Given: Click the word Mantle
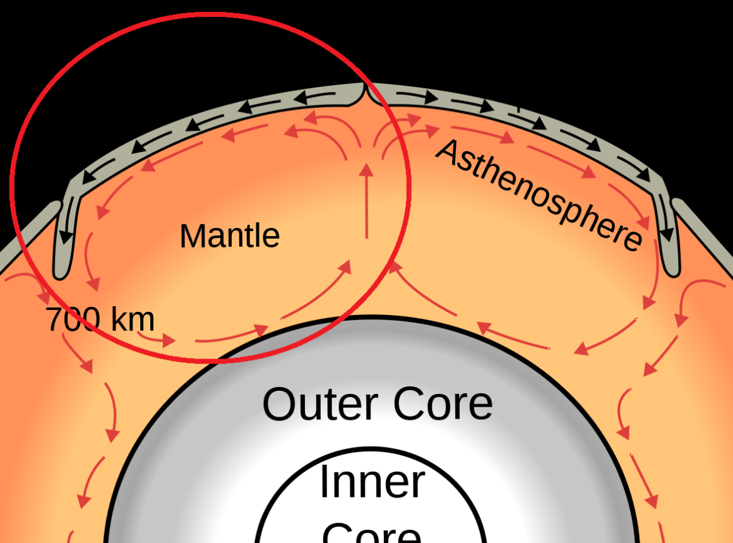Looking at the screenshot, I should click(229, 237).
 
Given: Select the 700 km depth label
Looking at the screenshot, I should click(100, 319).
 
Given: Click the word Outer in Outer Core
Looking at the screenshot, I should click(319, 404).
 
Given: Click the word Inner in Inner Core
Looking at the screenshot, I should click(372, 482).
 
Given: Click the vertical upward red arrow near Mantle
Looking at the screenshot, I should click(366, 202).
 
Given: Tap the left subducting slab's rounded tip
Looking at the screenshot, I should click(61, 273).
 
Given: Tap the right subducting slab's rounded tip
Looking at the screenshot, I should click(672, 270).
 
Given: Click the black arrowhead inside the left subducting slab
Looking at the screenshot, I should click(64, 237).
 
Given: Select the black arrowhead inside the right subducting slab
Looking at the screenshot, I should click(667, 234).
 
